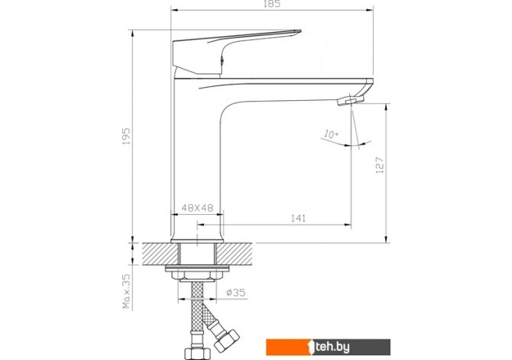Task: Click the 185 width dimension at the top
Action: click(272, 5)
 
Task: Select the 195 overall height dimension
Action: click(126, 136)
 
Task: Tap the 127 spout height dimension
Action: click(380, 165)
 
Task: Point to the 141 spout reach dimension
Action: click(299, 219)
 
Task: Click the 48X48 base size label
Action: click(197, 208)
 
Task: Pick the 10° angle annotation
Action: click(331, 135)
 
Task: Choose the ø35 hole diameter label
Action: click(236, 293)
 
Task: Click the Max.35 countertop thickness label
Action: click(126, 291)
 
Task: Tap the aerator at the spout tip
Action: click(350, 99)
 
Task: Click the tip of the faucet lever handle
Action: click(300, 31)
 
